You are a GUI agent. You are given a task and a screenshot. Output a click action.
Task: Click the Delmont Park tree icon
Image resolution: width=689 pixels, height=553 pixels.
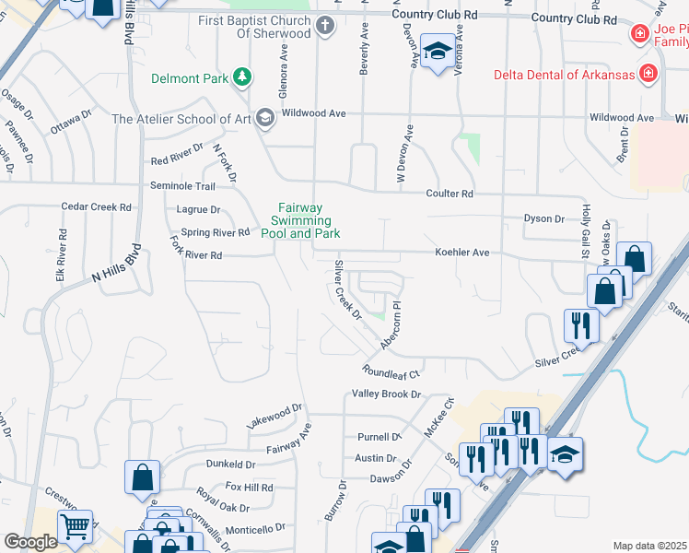(x=242, y=77)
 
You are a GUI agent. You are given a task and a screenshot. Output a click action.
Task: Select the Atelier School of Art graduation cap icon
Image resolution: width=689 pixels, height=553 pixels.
(x=265, y=118)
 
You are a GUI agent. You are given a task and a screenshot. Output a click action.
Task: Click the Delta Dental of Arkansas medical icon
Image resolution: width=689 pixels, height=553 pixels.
(x=648, y=73)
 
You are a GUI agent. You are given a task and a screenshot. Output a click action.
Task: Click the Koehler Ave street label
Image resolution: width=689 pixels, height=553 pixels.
(x=461, y=252)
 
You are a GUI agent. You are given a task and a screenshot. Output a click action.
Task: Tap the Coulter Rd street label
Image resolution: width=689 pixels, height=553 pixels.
(x=449, y=194)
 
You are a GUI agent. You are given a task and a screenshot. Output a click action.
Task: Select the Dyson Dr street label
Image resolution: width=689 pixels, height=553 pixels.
(x=543, y=218)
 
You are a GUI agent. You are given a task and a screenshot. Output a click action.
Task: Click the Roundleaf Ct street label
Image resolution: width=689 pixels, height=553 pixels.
(x=391, y=374)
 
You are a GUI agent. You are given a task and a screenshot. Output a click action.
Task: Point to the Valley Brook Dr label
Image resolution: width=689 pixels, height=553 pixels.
(x=386, y=394)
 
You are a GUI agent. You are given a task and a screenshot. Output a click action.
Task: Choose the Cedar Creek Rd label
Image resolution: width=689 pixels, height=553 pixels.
(x=96, y=207)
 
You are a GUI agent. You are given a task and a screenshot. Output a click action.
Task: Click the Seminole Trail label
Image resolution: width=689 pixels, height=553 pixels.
(x=182, y=186)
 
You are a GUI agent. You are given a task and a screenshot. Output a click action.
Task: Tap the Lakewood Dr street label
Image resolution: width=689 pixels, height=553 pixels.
(x=274, y=415)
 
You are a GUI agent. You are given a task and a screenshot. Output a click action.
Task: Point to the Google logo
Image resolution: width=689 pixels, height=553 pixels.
(x=30, y=542)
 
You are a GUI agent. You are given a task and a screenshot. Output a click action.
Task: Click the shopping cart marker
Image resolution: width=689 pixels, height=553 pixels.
(x=76, y=526)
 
